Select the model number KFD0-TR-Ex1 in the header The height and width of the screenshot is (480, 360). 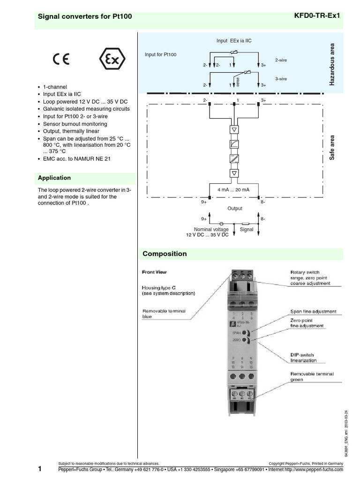318,15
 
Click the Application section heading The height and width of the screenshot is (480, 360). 54,178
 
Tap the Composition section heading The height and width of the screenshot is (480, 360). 165,254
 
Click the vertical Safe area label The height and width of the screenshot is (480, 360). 333,148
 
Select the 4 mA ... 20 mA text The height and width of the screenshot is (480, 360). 233,189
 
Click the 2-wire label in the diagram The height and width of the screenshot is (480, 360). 281,60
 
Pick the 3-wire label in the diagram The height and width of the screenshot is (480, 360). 281,79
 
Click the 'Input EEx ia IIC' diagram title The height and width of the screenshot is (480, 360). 234,41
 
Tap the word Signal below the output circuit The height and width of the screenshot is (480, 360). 247,229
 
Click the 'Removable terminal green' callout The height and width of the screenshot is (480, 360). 311,376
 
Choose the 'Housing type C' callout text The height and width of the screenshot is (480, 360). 168,290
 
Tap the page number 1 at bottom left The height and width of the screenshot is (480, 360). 40,469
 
